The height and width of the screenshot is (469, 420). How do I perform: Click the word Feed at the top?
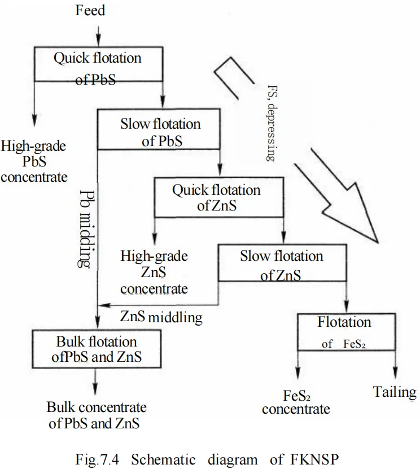coord(90,11)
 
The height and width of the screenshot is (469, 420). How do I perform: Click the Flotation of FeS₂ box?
coord(344,331)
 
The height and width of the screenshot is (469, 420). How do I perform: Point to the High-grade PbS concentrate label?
coord(33,161)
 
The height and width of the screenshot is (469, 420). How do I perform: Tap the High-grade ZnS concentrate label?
coord(154,272)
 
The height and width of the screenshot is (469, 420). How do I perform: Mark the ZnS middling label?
coord(161,317)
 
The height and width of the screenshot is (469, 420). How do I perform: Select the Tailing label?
coord(394,392)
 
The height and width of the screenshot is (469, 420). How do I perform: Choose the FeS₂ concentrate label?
coord(296,402)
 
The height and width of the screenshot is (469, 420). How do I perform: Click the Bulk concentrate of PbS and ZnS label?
coord(97,415)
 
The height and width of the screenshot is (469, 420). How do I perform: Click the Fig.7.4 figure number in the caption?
coord(99,459)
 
